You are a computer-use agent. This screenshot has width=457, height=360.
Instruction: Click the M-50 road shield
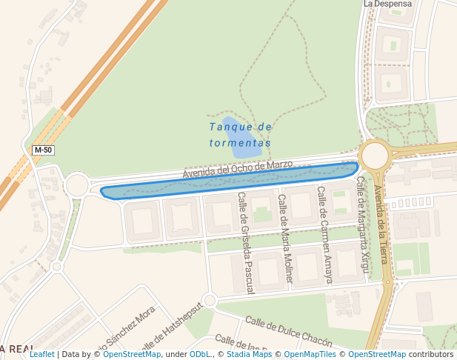click(43, 150)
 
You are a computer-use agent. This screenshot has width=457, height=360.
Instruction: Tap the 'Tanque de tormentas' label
click(240, 134)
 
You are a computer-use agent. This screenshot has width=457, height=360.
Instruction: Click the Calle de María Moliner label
click(284, 239)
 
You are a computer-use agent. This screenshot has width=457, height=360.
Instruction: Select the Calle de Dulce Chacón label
click(288, 330)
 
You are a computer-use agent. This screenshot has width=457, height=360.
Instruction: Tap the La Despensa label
click(387, 4)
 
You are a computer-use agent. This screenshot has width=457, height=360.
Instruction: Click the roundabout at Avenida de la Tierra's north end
click(375, 156)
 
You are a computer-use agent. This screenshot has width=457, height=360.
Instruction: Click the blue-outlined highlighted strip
click(222, 184)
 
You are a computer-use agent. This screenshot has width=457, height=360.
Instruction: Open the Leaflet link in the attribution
click(41, 354)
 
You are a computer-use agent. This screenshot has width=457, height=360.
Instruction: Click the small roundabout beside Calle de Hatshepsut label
click(209, 300)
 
